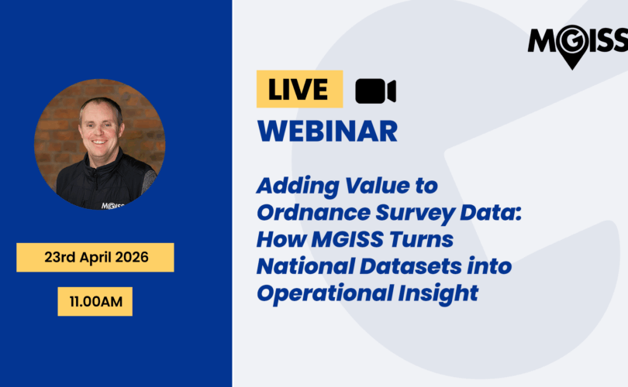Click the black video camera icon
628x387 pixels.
[x=375, y=91]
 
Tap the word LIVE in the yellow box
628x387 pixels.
[x=298, y=89]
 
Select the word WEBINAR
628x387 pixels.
[x=327, y=131]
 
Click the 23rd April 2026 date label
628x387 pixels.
[x=95, y=258]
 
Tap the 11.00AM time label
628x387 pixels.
[x=95, y=301]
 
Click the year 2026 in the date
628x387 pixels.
[x=132, y=257]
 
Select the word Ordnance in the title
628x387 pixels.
[x=313, y=212]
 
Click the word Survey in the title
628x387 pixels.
[x=415, y=213]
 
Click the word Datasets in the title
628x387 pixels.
[x=410, y=265]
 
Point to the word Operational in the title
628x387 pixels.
[x=325, y=294]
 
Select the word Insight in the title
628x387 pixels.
[x=438, y=294]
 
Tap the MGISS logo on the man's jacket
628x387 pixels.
[x=112, y=206]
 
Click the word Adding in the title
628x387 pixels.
[x=298, y=187]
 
